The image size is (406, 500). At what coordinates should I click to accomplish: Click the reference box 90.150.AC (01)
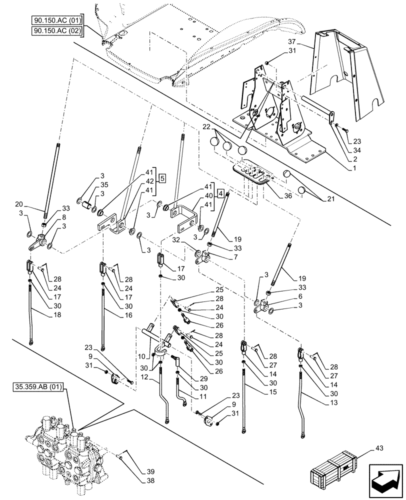tap(56, 20)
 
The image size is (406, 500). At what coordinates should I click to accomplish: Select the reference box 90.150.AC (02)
tap(56, 31)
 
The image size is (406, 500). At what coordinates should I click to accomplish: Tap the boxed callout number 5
tap(162, 177)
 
